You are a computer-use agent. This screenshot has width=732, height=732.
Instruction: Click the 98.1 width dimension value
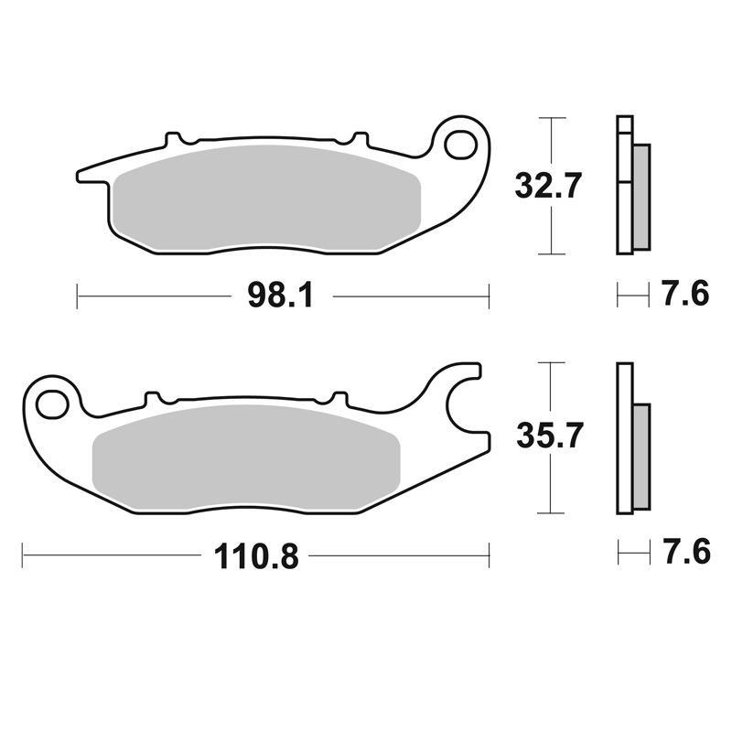pos(280,295)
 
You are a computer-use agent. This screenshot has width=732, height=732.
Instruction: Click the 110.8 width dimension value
pos(256,555)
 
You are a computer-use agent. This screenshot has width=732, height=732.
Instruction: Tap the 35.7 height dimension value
pos(550,436)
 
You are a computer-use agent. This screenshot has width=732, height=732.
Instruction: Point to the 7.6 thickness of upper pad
pos(685,294)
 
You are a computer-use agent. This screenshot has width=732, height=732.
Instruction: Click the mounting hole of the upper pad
pos(460,146)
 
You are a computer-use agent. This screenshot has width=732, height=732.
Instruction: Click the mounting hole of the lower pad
pos(53,404)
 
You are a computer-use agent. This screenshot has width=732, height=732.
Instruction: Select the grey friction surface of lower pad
pos(246,456)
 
